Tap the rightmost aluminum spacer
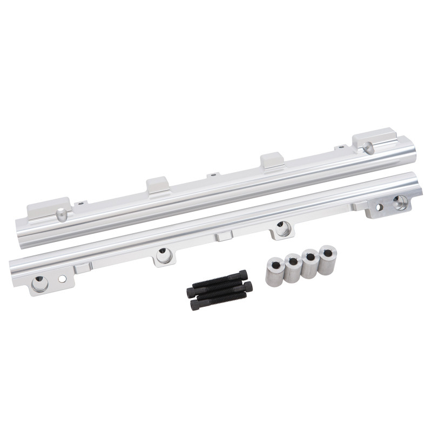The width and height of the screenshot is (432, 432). click(327, 260)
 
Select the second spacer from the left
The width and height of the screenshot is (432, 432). click(292, 268)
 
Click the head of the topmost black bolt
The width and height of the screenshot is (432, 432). click(243, 275)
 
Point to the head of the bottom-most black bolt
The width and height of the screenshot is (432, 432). click(194, 305)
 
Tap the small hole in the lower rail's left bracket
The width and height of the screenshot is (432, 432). click(62, 279)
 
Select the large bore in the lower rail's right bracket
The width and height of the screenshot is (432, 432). click(400, 202)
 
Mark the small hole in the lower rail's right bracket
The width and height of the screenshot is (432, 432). click(379, 207)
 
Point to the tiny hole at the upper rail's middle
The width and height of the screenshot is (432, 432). click(213, 174)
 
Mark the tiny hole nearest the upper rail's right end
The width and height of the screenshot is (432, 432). click(340, 146)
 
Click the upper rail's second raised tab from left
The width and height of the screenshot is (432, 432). click(158, 185)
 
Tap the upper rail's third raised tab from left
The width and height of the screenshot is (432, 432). click(272, 160)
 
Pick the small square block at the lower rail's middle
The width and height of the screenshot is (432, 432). click(222, 236)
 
